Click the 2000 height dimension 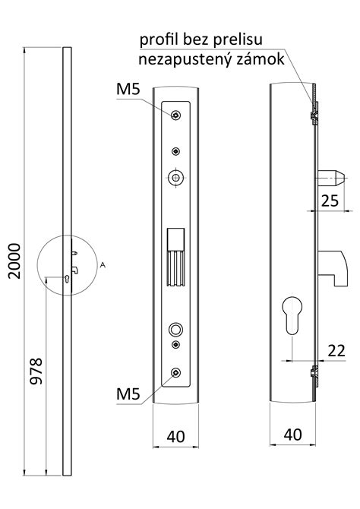pos(14,261)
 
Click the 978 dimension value pos(36,371)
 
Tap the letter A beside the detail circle pos(103,265)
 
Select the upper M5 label pos(128,89)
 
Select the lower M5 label pos(128,394)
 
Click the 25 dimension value pos(330,201)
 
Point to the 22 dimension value pos(336,350)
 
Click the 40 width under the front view pos(175,437)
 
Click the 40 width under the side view pos(293,435)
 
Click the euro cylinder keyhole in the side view pos(292,315)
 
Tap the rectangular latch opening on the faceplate pos(175,257)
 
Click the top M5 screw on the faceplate pos(175,115)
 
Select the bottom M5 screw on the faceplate pos(175,373)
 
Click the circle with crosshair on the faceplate pos(175,177)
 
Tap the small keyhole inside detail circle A pos(67,279)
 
